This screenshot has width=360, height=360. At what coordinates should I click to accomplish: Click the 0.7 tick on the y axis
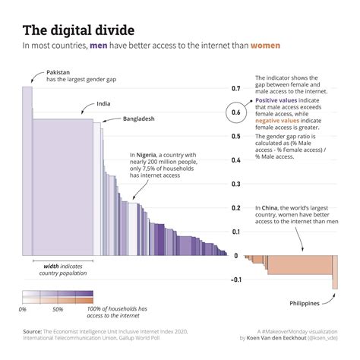click(235, 89)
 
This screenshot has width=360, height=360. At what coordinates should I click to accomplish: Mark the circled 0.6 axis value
click(235, 113)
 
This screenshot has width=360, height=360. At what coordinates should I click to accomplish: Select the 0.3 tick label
click(235, 185)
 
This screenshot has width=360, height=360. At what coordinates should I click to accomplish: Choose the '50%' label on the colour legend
click(58, 310)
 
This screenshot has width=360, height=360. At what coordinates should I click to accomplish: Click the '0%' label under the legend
click(22, 310)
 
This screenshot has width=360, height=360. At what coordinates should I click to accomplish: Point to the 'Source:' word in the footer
click(33, 332)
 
